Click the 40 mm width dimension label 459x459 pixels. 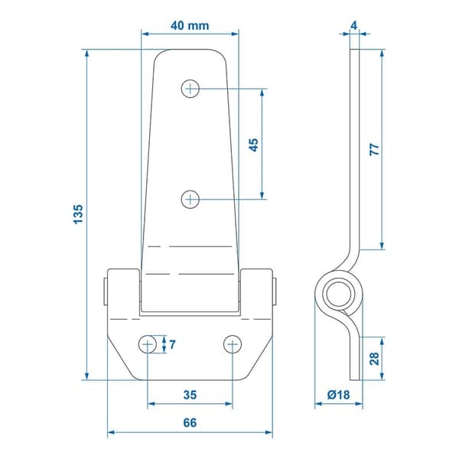pos(190,26)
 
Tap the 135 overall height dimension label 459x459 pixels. pos(78,214)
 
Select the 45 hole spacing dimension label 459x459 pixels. pos(253,145)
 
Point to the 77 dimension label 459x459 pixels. pos(374,149)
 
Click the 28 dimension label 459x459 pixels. pos(374,359)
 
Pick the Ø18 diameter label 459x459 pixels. pos(338,395)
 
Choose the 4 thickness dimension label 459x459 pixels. pos(354,26)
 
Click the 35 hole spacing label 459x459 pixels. pos(190,395)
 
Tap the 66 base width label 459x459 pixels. pos(190,423)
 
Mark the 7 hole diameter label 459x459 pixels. pos(172,344)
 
